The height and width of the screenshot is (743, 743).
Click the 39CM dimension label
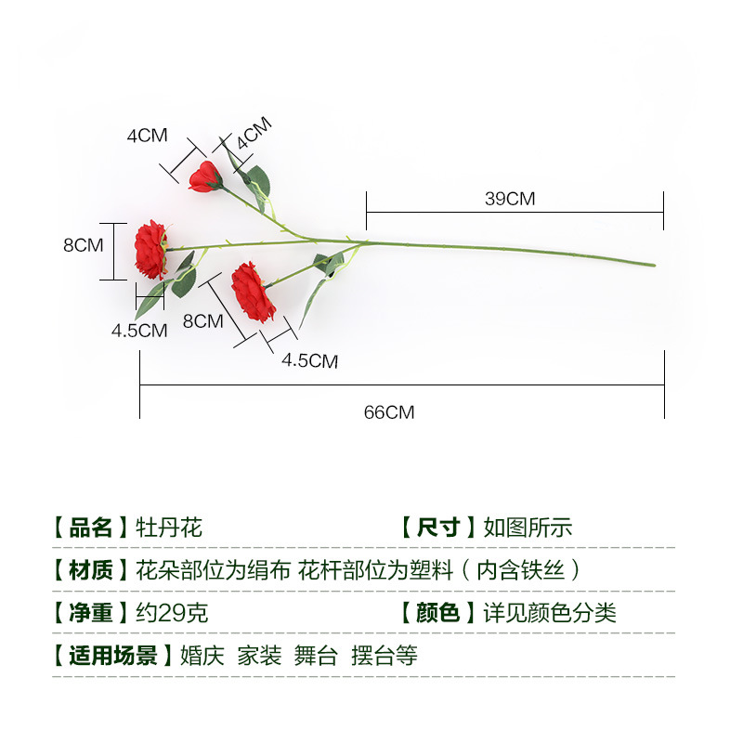(510, 199)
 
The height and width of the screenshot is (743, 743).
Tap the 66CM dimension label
(389, 412)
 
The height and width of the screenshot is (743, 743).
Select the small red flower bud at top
(204, 176)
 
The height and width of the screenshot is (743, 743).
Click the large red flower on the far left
(150, 250)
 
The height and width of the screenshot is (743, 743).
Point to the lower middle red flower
(253, 291)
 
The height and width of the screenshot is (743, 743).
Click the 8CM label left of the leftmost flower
(83, 245)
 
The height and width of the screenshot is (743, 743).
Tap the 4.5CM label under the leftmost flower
(139, 330)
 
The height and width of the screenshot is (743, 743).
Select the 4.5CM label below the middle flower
(310, 361)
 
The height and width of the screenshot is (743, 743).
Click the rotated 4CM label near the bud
(253, 134)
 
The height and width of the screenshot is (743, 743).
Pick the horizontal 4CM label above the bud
(147, 135)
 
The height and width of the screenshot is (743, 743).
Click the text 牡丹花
(169, 528)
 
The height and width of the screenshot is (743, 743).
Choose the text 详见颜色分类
(549, 613)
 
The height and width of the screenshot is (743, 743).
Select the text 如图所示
(528, 528)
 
